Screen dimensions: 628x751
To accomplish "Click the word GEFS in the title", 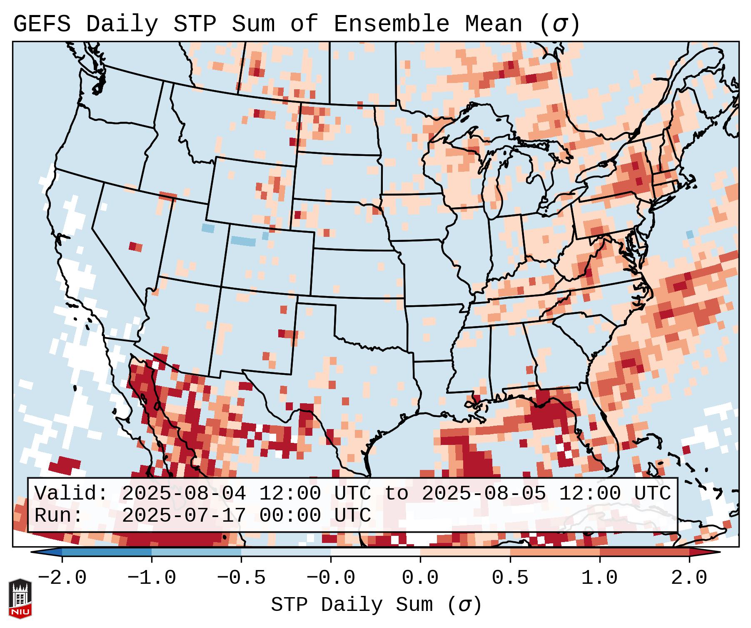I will [42, 24].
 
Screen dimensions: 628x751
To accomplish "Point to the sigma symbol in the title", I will [559, 24].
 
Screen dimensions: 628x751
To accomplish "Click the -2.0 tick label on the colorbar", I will [62, 578].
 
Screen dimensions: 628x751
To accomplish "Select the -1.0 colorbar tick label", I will [152, 578].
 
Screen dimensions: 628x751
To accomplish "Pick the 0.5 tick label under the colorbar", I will [510, 578].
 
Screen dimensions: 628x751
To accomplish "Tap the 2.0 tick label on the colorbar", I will [689, 578].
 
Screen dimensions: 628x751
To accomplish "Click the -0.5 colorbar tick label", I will [241, 578].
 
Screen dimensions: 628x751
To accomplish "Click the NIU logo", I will [20, 598].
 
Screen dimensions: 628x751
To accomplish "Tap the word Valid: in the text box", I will [71, 493].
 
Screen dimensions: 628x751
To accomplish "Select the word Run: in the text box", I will [59, 515].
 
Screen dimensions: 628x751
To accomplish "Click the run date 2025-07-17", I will [184, 515].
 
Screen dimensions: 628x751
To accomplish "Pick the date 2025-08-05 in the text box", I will [484, 493].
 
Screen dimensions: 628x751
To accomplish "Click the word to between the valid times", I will [396, 493].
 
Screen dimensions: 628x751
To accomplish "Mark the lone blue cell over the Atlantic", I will [690, 234].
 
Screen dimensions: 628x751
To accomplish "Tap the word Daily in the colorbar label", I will [352, 605].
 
